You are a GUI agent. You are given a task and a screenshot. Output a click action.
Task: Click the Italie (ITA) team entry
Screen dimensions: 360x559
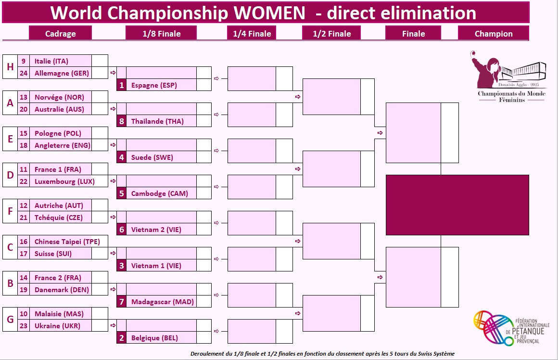click(x=51, y=61)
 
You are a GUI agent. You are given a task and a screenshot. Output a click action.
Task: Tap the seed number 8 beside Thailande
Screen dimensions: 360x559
click(x=122, y=121)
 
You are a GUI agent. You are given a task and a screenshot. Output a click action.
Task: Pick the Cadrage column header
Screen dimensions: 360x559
click(x=60, y=34)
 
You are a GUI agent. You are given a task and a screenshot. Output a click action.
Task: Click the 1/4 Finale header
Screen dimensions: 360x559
click(x=252, y=34)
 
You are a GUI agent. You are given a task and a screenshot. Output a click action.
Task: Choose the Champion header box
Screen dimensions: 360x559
click(x=493, y=34)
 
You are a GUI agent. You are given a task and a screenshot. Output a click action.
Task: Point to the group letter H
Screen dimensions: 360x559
click(x=10, y=67)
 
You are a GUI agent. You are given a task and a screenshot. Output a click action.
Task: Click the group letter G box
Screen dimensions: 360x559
click(x=10, y=320)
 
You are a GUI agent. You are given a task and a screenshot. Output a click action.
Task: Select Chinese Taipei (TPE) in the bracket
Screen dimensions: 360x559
click(x=67, y=242)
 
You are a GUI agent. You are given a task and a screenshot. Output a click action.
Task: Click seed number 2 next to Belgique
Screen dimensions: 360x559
click(x=122, y=338)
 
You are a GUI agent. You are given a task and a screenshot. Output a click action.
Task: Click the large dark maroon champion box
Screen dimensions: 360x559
click(x=457, y=205)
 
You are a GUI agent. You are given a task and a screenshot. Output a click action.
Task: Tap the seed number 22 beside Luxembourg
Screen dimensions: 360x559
click(x=24, y=181)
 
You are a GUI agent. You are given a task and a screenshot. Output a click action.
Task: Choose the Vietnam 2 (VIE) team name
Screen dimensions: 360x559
click(x=156, y=230)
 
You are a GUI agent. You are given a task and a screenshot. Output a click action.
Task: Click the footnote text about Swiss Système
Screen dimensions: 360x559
click(x=322, y=354)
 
